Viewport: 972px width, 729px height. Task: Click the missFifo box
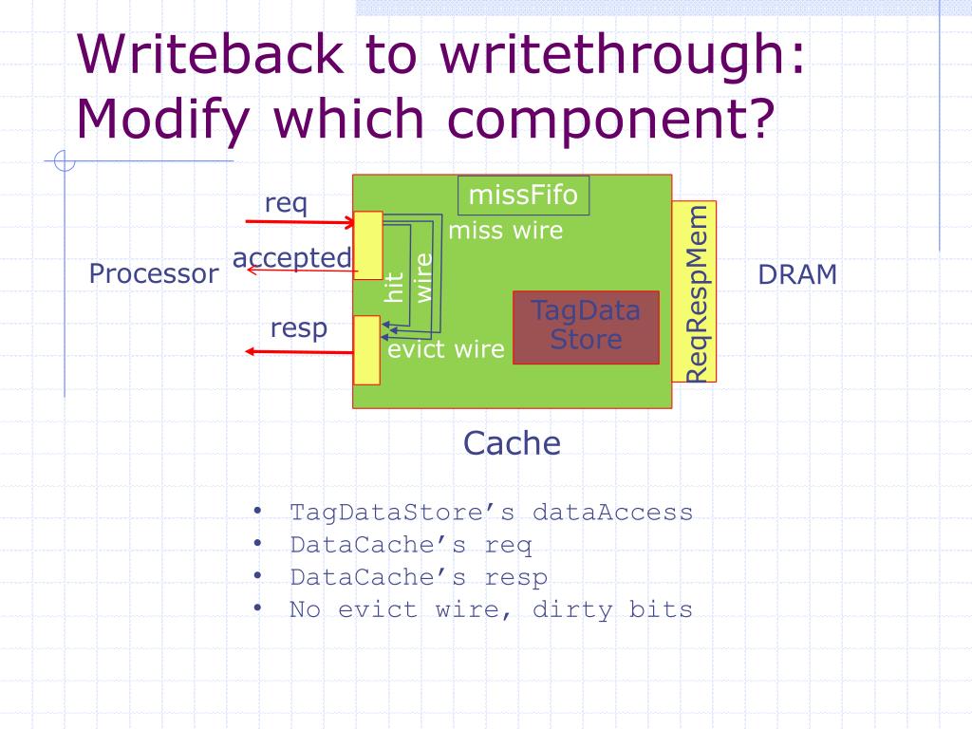pos(523,196)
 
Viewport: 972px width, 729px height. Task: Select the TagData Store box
pos(586,327)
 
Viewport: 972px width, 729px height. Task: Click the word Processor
pos(153,274)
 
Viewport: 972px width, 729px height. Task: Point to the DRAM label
pos(797,274)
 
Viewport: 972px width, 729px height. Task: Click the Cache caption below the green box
pos(512,442)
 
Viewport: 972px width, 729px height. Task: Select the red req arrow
pos(299,222)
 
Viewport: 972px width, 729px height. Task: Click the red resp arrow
pos(299,351)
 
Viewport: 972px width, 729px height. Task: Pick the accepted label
pos(291,257)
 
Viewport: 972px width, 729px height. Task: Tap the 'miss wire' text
pos(505,231)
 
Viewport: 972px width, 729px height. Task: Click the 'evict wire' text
pos(446,349)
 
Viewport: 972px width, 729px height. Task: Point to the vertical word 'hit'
pos(395,287)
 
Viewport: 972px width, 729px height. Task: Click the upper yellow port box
pos(367,245)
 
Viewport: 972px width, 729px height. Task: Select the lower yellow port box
pos(366,349)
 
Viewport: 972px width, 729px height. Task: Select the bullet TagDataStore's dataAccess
pos(491,513)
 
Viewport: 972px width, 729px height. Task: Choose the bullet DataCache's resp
pos(419,577)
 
